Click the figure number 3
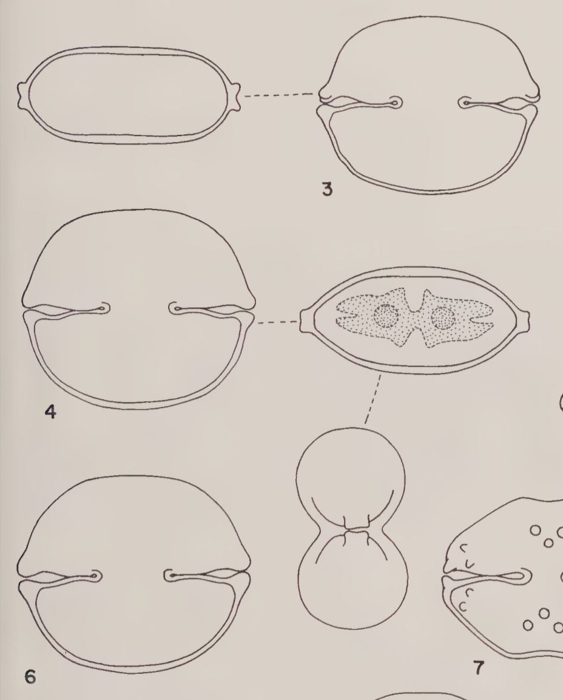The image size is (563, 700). pos(327,189)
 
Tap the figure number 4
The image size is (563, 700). pos(50,412)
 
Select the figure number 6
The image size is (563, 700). pos(30,677)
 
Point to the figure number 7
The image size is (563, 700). pos(478,668)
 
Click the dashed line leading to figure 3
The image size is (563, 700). pos(279,95)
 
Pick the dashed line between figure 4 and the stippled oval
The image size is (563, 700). pos(278,321)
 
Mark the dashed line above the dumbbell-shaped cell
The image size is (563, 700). pos(373,399)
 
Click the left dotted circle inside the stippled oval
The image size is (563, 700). pos(385,316)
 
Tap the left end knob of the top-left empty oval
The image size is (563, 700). pos(23,95)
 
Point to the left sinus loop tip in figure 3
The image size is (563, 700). pos(396,103)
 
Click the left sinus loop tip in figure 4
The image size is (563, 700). pos(104,308)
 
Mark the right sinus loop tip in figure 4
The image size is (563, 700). pos(175,308)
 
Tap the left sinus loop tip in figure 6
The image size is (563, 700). pos(96,576)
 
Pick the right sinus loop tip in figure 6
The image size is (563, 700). pos(170,576)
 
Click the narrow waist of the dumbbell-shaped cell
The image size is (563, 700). pos(356,530)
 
